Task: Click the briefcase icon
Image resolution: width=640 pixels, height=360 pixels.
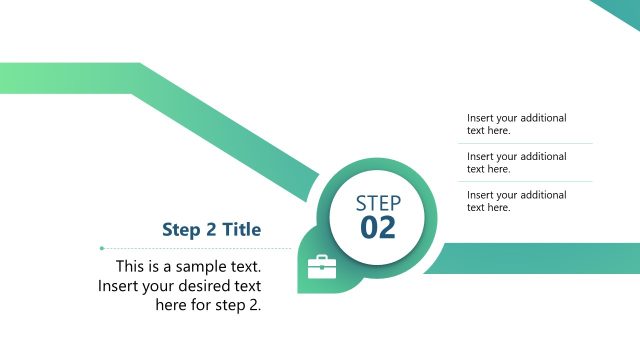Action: click(321, 266)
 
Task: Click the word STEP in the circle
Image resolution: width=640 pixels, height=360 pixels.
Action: click(378, 203)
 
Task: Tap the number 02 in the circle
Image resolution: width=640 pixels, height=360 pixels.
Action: click(378, 228)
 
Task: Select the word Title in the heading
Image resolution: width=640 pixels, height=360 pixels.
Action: click(241, 230)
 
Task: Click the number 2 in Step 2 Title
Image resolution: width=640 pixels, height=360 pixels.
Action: click(211, 230)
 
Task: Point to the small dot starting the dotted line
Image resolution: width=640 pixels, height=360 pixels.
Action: click(101, 247)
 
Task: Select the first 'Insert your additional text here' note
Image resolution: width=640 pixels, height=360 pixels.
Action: click(516, 124)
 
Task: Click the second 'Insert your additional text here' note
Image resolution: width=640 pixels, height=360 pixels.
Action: click(516, 162)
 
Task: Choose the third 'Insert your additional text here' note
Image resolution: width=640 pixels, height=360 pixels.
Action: click(516, 200)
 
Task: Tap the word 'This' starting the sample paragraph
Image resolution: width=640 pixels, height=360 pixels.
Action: click(131, 267)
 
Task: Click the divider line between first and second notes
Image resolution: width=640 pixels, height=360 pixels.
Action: click(525, 143)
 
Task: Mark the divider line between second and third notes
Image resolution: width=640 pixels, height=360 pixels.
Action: click(525, 181)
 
